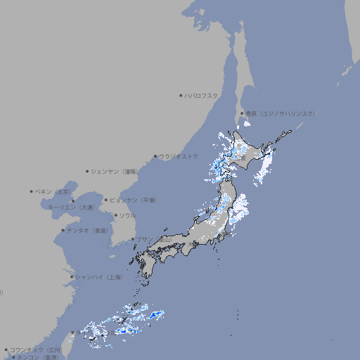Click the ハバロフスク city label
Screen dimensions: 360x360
pos(202,95)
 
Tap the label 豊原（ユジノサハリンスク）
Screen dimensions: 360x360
pos(280,113)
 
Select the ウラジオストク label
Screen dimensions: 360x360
pos(180,156)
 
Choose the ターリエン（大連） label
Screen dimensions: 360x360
pos(71,207)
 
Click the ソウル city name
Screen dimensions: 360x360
pos(127,215)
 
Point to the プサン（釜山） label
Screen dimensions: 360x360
pos(153,240)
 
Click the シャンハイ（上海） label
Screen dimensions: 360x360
pos(98,277)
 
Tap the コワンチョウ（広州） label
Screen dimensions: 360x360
pos(36,349)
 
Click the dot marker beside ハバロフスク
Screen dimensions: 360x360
pos(181,95)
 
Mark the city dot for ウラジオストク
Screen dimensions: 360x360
pos(155,156)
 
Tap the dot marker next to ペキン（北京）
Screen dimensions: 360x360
pos(32,191)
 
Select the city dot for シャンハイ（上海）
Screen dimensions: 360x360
pos(72,277)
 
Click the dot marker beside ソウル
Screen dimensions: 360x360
pos(115,215)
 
